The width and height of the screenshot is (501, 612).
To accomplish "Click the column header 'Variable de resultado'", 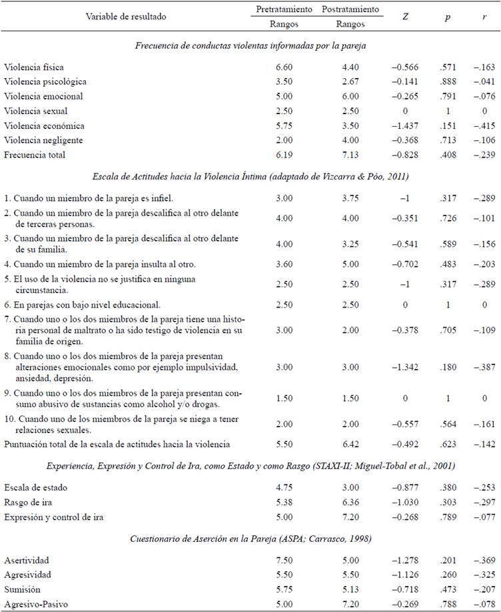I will pyautogui.click(x=126, y=16).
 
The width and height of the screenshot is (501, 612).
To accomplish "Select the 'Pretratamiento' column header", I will pyautogui.click(x=284, y=9).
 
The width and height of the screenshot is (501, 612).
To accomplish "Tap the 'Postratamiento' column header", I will pyautogui.click(x=350, y=9).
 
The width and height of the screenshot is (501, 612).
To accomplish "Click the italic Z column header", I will pyautogui.click(x=406, y=16).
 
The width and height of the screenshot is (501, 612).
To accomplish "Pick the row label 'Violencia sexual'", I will pyautogui.click(x=35, y=111).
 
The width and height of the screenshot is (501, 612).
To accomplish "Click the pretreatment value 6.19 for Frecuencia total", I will pyautogui.click(x=284, y=155).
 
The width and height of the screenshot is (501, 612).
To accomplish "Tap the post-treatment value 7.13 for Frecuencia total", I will pyautogui.click(x=350, y=155).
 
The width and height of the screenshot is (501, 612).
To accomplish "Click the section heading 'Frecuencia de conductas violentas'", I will pyautogui.click(x=250, y=45).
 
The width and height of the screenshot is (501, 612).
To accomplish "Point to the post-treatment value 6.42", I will pyautogui.click(x=350, y=443).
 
